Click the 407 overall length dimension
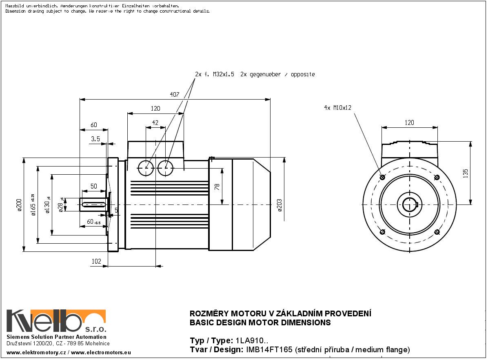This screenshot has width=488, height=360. (x=174, y=94)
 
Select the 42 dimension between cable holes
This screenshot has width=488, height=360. (x=155, y=122)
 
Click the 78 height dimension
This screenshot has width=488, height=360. (x=217, y=187)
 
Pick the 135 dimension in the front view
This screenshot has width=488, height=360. (x=466, y=173)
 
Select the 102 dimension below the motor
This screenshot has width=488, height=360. (x=96, y=262)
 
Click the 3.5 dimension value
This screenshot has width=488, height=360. (x=95, y=139)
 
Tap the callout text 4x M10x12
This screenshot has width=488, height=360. (x=337, y=108)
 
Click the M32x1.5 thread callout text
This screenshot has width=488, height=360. (x=224, y=75)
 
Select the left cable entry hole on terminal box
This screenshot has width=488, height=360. (x=146, y=168)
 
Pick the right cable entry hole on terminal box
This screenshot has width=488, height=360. (x=165, y=168)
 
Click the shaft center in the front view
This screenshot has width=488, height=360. (x=409, y=204)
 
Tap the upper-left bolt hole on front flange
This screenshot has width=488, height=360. (x=382, y=178)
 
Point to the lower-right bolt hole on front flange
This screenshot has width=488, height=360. (x=437, y=232)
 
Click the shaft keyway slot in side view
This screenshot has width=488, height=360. (x=94, y=204)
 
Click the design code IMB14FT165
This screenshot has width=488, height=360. (x=268, y=350)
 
